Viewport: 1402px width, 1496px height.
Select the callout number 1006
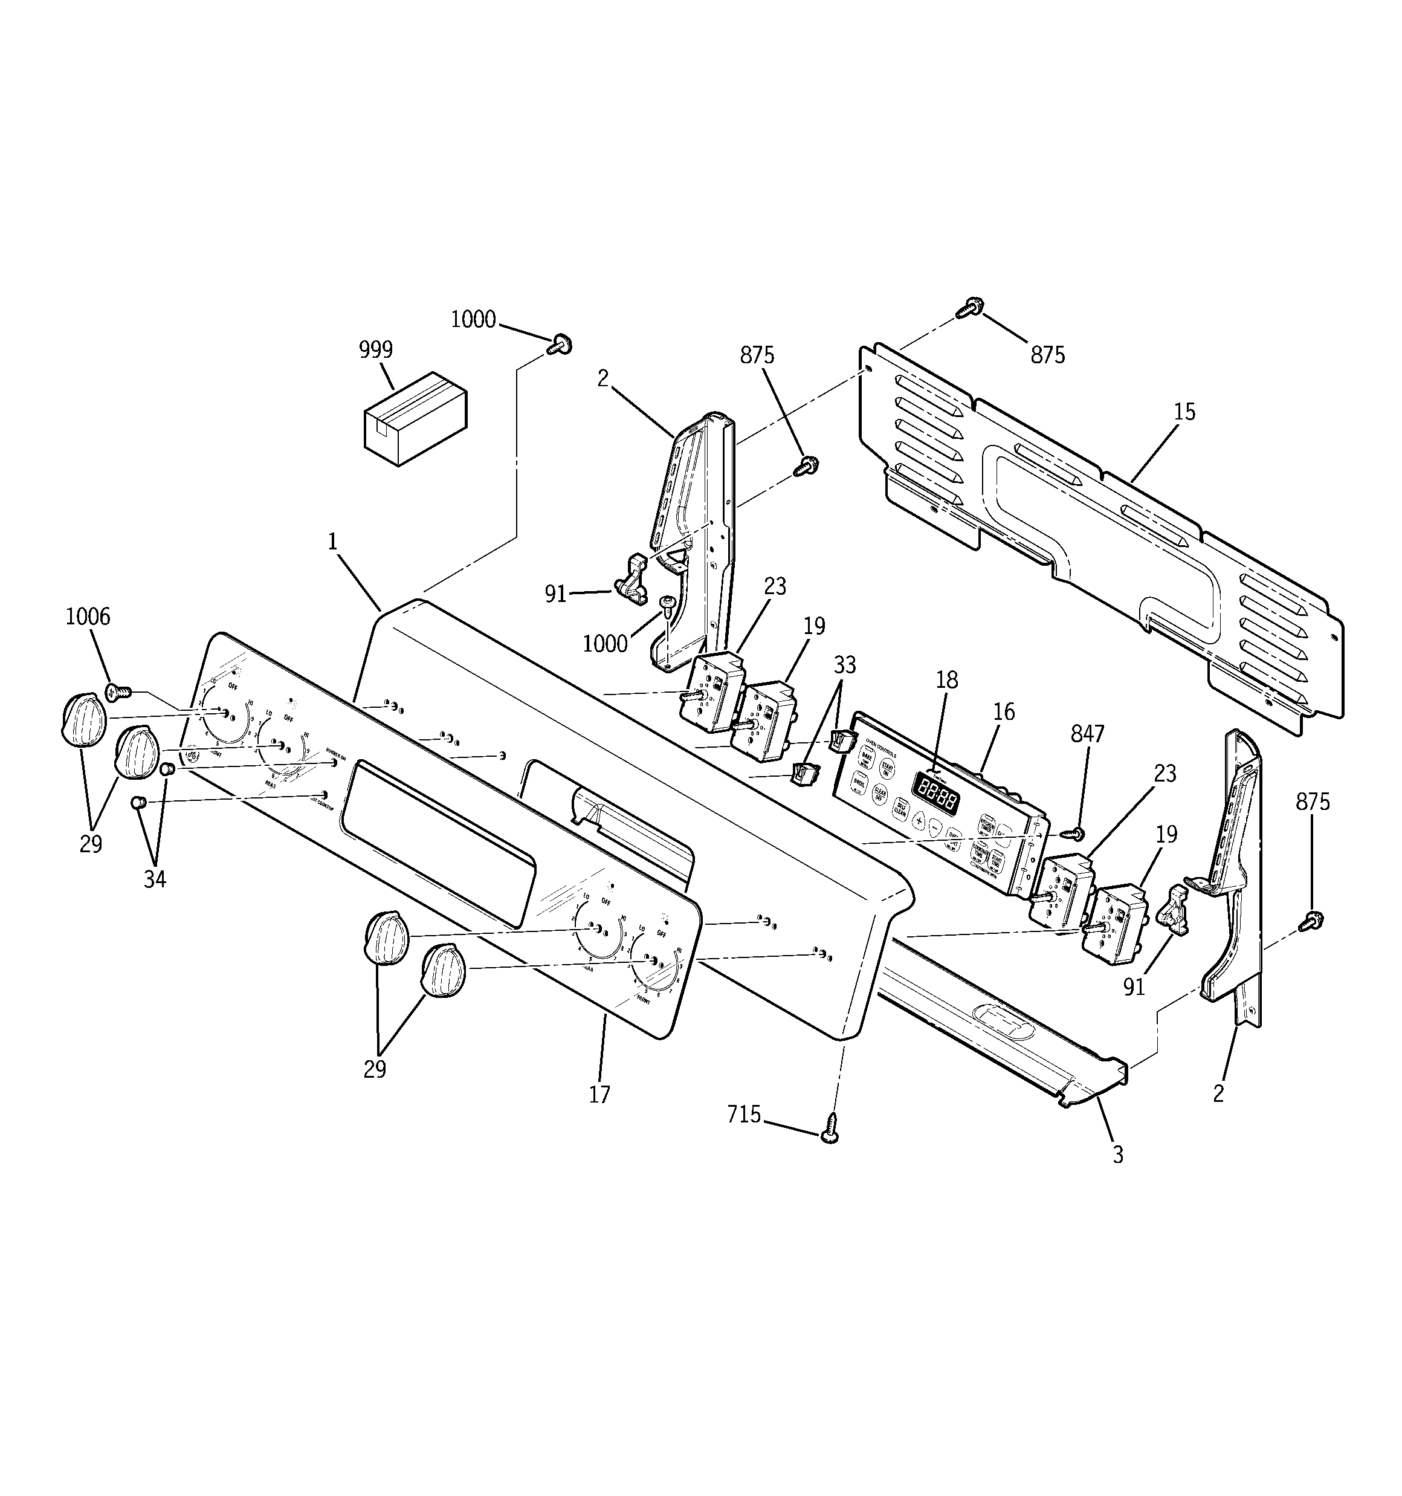88,617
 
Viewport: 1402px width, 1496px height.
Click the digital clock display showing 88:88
935,792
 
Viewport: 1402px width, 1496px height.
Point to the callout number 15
1184,412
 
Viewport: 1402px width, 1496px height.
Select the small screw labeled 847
1077,834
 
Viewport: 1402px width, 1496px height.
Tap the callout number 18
947,679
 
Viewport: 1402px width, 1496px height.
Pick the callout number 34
155,879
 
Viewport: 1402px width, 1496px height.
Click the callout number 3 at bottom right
1117,1154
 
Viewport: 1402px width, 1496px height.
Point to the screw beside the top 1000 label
561,345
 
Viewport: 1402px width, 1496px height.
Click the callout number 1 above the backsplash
332,542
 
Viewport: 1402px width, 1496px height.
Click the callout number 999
375,350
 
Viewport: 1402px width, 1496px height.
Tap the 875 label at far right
1313,802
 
